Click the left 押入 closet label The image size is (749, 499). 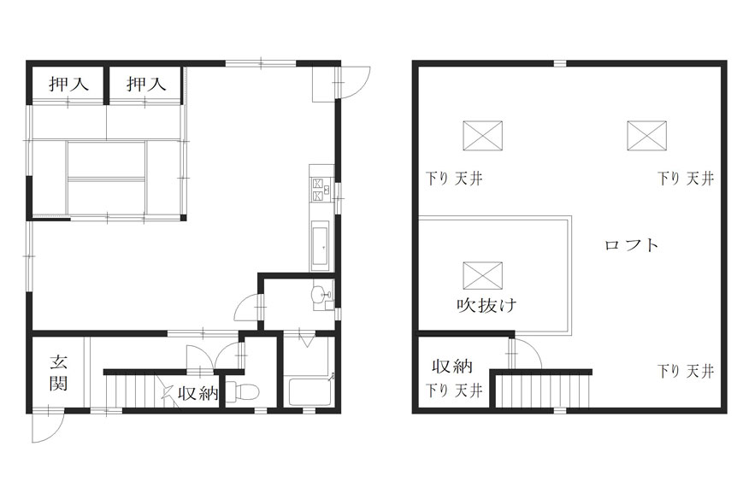coord(68,84)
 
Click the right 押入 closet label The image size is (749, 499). coord(146,84)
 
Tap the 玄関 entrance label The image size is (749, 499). coord(59,373)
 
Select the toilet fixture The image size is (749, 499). coord(243,391)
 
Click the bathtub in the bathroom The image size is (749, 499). coord(310,391)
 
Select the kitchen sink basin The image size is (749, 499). coord(319,247)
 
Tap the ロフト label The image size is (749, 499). coord(632,245)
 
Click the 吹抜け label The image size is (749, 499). coord(487,305)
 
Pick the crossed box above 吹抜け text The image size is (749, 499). coord(483,275)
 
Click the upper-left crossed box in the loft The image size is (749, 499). coord(483,136)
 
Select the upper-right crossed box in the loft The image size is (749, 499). coord(646,136)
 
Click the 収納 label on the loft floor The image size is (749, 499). coord(452,367)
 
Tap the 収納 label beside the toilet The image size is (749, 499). coord(198,393)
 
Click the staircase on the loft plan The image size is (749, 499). coord(542,390)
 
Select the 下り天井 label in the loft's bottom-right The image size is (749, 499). coord(686,371)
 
